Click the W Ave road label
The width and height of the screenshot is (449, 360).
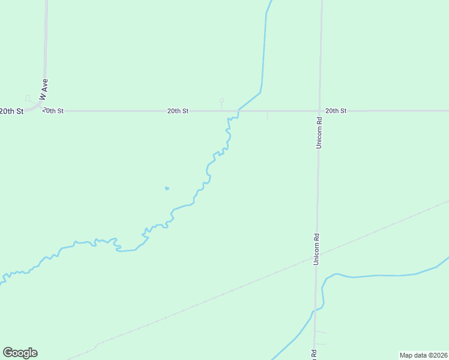43,88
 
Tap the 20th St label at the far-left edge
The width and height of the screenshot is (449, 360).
11,111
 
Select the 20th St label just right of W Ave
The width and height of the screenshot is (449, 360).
53,111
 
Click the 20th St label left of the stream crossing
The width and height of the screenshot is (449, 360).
178,111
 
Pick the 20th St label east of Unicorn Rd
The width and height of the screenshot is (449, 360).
336,111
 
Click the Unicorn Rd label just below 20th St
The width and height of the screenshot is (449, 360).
320,131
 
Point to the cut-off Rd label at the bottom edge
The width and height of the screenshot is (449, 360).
313,355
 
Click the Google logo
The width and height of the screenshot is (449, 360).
20,353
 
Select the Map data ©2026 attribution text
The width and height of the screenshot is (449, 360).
423,355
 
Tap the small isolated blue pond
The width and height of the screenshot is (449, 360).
167,188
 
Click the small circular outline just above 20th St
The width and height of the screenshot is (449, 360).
221,101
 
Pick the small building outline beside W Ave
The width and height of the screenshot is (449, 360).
28,98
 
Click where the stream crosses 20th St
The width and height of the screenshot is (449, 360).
239,111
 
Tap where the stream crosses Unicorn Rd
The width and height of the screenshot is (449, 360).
314,311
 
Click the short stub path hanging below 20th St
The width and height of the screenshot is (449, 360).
267,116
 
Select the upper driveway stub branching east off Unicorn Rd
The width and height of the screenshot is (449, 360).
321,332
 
